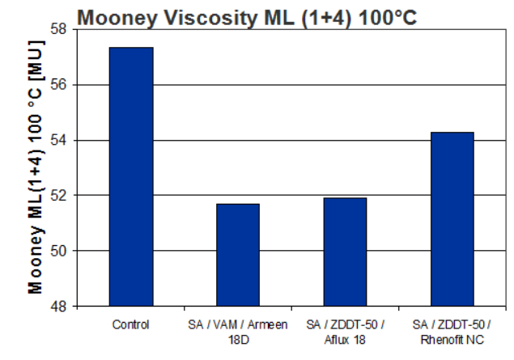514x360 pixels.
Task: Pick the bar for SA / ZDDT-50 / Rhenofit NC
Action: click(452, 218)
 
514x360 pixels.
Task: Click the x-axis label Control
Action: click(130, 325)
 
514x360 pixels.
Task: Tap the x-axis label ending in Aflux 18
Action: click(345, 332)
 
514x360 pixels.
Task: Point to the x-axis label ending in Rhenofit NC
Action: click(452, 332)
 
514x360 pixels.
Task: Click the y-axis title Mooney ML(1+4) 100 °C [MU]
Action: click(36, 168)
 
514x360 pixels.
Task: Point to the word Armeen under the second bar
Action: click(270, 325)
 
